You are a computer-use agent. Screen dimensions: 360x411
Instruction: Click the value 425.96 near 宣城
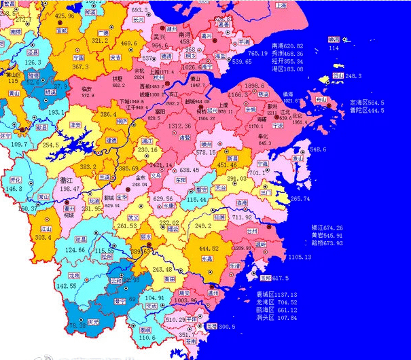pos(64,16)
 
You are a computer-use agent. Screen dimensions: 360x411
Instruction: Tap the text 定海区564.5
pos(367,103)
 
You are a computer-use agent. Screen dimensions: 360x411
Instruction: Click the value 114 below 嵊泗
pos(334,48)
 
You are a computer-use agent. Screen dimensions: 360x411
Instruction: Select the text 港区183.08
pos(288,69)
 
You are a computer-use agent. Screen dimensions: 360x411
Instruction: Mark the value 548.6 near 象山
pos(318,149)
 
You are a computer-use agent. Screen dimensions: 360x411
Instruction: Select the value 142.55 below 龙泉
pos(66,286)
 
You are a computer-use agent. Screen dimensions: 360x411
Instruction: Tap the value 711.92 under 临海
pos(242,217)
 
